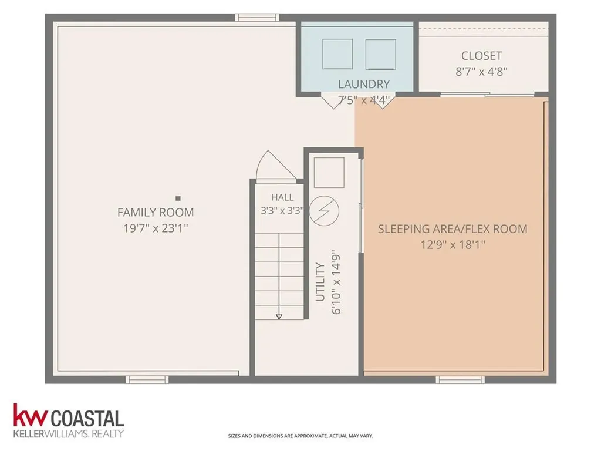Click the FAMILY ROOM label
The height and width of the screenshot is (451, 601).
156,212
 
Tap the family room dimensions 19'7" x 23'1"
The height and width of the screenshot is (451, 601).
156,228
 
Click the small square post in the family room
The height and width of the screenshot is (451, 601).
178,198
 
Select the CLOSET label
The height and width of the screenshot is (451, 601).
481,56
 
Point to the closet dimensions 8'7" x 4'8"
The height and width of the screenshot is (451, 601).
481,72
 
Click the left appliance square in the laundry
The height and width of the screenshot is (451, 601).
337,54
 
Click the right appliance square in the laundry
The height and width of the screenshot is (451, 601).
380,54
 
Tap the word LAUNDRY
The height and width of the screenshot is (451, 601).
364,84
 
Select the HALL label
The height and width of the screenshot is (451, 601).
282,197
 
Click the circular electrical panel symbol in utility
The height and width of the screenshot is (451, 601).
324,211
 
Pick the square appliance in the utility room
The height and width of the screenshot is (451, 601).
329,172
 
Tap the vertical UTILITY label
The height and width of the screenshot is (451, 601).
320,282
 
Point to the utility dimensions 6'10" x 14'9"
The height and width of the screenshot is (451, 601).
336,284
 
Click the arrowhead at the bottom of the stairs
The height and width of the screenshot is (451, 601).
279,317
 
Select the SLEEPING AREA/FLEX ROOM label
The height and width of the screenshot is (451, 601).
453,229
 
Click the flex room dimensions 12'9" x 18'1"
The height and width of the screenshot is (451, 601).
453,245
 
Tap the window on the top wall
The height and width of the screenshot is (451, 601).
257,18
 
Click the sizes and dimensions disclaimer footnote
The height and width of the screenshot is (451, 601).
300,436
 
